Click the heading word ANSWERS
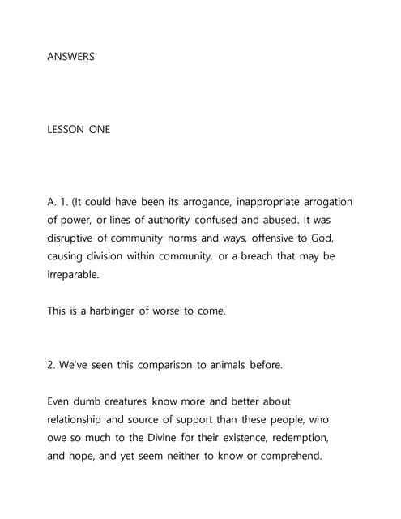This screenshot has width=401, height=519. click(71, 57)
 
